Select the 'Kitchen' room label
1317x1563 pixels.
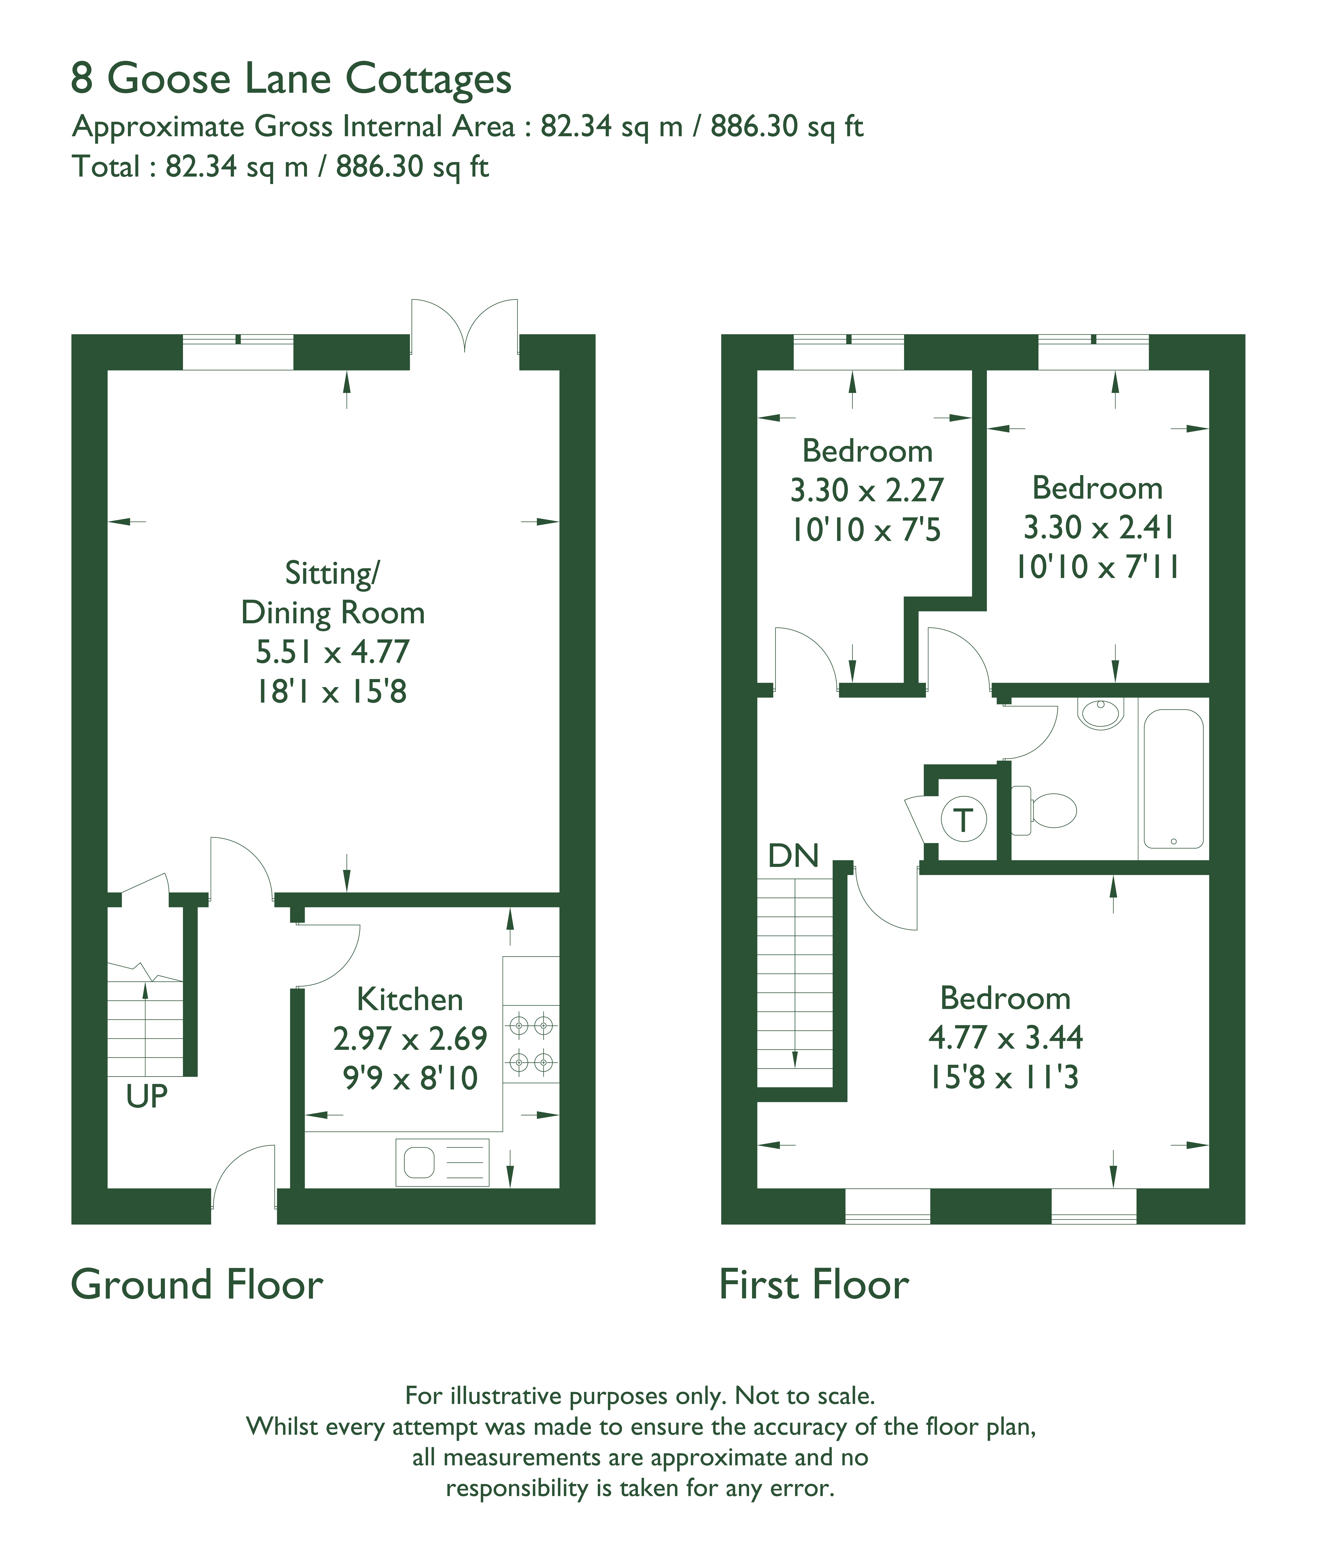(410, 999)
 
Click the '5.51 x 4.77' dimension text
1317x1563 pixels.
(332, 652)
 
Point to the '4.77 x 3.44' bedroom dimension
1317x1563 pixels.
(1005, 1037)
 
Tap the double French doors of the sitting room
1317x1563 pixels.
(464, 326)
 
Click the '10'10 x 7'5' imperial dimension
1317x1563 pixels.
(866, 530)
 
